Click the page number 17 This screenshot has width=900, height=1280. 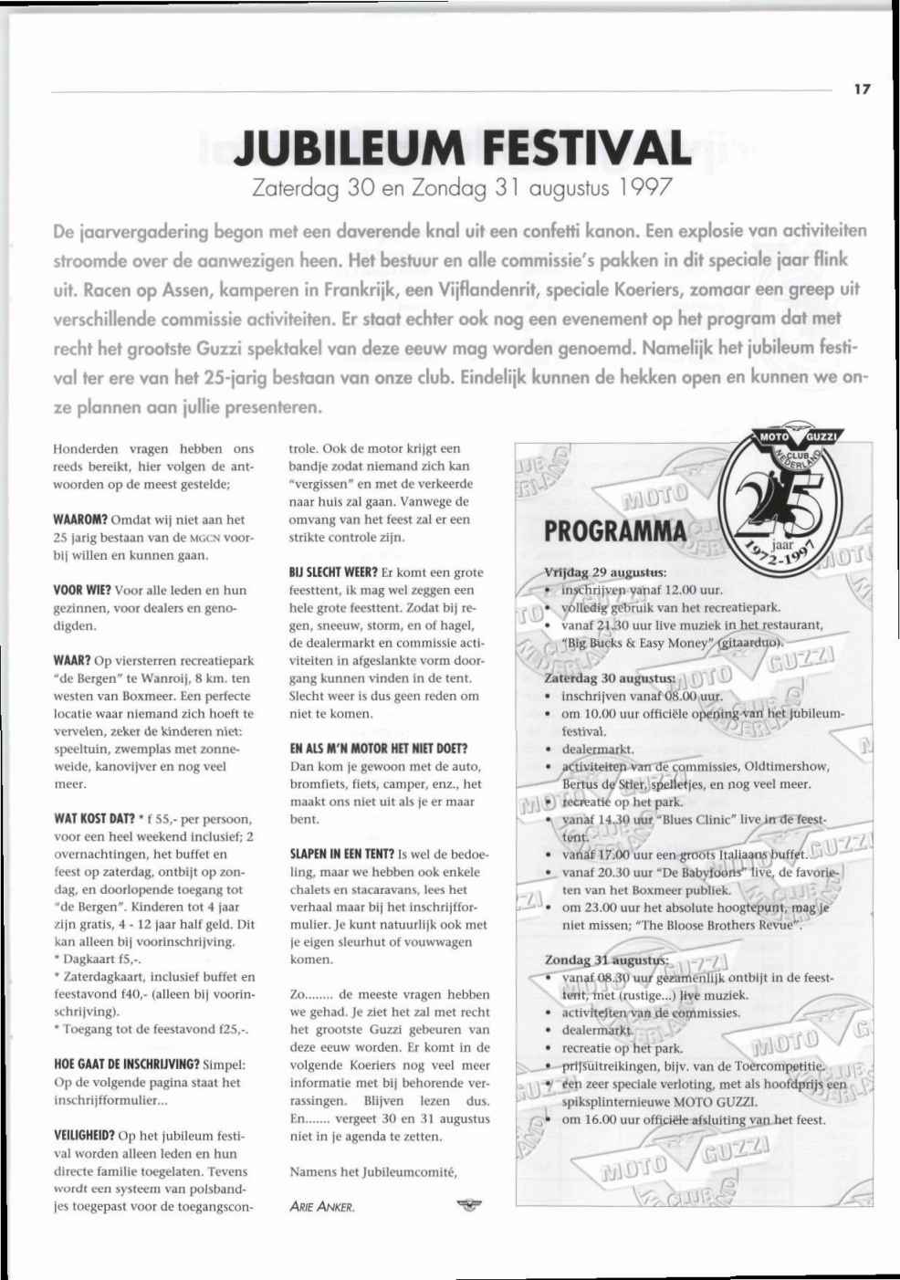coord(862,89)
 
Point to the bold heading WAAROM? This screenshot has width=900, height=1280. coord(81,519)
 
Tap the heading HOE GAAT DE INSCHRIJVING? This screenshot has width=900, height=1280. coord(126,1065)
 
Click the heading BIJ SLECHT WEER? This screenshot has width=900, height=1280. coord(333,572)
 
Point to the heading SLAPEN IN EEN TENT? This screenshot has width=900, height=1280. coord(342,855)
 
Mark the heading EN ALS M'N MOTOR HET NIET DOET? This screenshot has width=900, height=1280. coord(379,749)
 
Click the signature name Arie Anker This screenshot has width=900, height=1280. coord(321,1207)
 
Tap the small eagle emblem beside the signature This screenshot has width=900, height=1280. coord(468,1206)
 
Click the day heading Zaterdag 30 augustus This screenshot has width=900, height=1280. coord(610,678)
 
